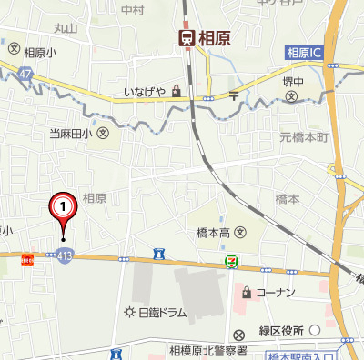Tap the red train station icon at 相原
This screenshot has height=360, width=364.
pyautogui.click(x=186, y=37)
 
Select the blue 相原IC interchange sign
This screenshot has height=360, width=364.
pyautogui.click(x=305, y=54)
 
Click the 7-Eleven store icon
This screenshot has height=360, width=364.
pyautogui.click(x=234, y=262)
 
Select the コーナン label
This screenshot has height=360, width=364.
pyautogui.click(x=276, y=293)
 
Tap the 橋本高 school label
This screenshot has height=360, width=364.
pyautogui.click(x=215, y=233)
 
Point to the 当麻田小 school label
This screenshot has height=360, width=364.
pyautogui.click(x=70, y=134)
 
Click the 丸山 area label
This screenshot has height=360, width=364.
pyautogui.click(x=66, y=29)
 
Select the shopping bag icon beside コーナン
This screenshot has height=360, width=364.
pyautogui.click(x=246, y=293)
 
